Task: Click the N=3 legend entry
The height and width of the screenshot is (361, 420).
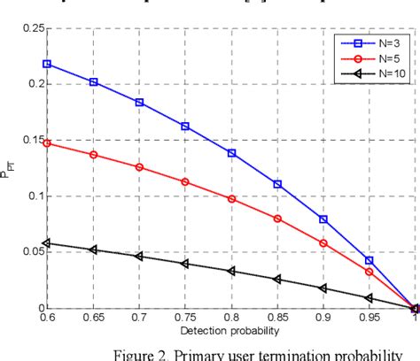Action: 365,41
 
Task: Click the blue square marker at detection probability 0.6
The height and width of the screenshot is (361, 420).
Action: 47,64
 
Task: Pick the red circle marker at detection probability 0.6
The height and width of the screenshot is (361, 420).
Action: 47,142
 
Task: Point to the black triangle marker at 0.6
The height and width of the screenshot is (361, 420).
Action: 47,243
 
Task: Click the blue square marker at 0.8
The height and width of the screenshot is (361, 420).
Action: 232,153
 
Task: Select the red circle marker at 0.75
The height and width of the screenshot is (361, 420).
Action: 185,182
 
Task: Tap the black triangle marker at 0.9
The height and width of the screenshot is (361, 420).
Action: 323,288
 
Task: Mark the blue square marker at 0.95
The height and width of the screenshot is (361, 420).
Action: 369,261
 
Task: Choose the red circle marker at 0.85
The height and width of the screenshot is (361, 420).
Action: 277,219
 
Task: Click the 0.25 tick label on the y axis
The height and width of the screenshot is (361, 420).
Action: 30,28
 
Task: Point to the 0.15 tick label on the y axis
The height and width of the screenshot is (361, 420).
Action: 30,140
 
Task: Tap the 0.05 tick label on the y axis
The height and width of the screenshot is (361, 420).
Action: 30,252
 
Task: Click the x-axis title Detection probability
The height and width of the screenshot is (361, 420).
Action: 231,329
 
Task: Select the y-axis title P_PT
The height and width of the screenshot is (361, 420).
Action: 10,168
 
